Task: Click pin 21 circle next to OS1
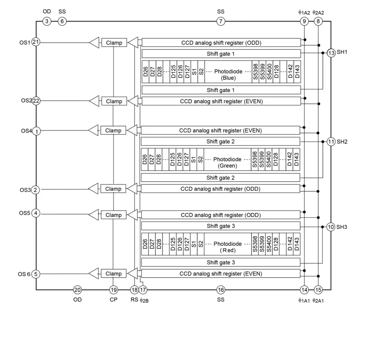36,42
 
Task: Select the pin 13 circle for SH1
331,53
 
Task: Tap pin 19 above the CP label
113,290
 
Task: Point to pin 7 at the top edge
221,21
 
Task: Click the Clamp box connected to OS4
114,130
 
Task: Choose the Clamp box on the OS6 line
114,274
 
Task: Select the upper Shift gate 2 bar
221,141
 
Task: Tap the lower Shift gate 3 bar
221,262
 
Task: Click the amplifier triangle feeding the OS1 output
93,43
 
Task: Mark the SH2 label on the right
342,141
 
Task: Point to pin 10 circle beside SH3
331,227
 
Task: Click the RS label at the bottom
134,299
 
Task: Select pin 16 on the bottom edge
221,290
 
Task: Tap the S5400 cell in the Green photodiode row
269,159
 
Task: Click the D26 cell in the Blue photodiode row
145,72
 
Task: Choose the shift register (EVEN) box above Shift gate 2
221,130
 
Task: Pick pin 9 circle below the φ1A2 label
305,21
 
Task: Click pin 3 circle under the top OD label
46,21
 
